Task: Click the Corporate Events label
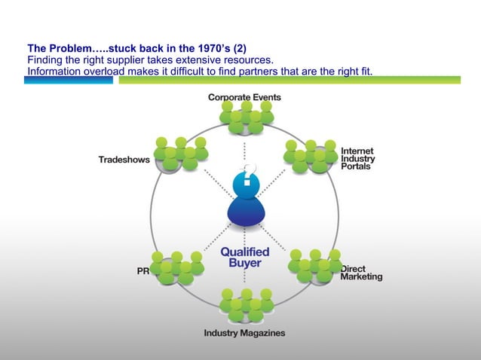[x=244, y=97]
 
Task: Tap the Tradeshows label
[x=124, y=160]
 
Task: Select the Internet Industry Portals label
[x=357, y=158]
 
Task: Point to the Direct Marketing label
[x=361, y=273]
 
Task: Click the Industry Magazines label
[x=244, y=333]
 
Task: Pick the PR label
[x=142, y=272]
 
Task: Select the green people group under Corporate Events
[x=246, y=117]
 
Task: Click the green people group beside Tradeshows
[x=180, y=154]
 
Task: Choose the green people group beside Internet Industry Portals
[x=311, y=156]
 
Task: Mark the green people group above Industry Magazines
[x=246, y=304]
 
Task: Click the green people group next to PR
[x=177, y=267]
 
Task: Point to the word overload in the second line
[x=102, y=71]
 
